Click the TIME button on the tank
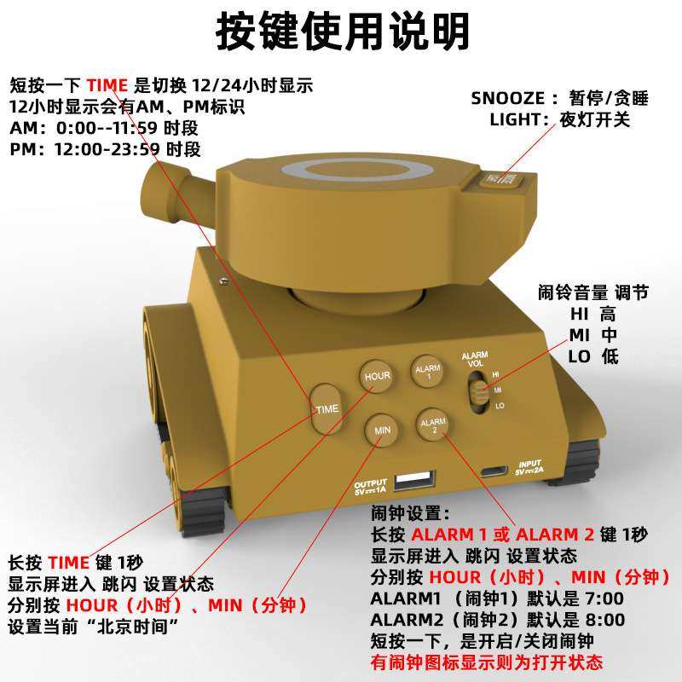(x=327, y=408)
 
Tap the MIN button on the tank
(x=381, y=431)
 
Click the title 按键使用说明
(x=341, y=32)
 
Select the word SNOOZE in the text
(x=506, y=98)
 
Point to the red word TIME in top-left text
(x=107, y=85)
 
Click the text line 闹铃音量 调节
(x=592, y=292)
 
